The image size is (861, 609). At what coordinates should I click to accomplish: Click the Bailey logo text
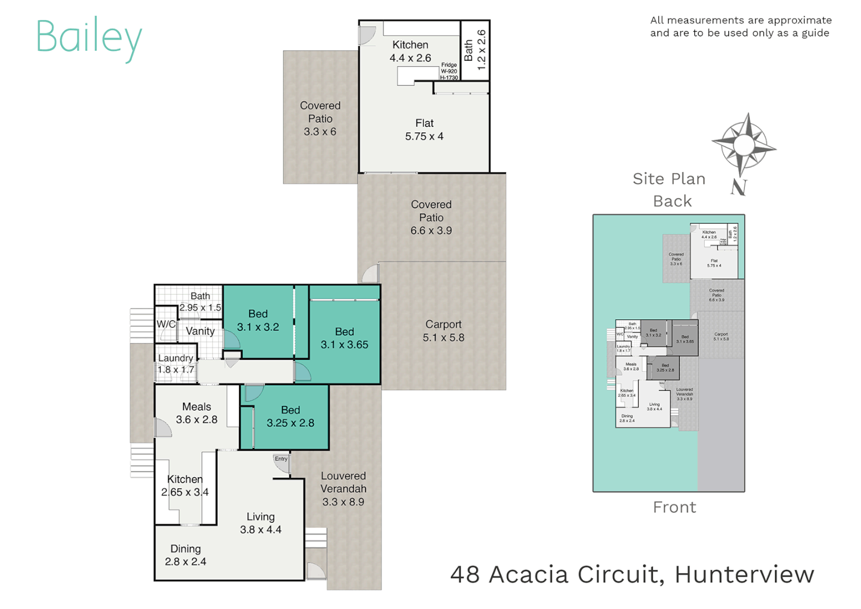click(88, 37)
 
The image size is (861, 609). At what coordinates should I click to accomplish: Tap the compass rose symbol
click(744, 144)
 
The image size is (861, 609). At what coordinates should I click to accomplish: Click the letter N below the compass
click(739, 187)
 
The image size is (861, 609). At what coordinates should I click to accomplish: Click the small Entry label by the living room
click(281, 459)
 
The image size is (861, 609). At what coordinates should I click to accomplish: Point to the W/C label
click(166, 324)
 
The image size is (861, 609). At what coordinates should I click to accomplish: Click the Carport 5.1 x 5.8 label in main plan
click(443, 331)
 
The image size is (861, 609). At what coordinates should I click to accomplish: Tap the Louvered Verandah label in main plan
click(343, 489)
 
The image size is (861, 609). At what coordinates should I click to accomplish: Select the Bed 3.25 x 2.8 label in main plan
click(290, 417)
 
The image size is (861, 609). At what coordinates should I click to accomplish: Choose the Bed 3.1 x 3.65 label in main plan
click(344, 338)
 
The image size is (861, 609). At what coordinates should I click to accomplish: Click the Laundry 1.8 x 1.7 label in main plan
click(176, 364)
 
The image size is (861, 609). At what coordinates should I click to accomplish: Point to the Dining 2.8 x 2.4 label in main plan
click(185, 555)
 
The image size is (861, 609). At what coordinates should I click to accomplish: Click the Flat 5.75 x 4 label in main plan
click(424, 130)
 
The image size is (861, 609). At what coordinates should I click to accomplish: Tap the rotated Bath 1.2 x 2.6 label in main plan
click(474, 50)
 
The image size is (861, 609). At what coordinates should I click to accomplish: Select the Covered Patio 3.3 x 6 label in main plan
click(320, 118)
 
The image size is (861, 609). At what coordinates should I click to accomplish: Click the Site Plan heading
click(669, 179)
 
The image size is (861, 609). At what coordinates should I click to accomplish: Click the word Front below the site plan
click(674, 507)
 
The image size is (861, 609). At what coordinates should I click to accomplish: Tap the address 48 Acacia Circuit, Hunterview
click(632, 575)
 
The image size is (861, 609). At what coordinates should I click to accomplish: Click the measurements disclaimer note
click(740, 27)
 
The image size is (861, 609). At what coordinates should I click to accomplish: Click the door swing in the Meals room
click(162, 429)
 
